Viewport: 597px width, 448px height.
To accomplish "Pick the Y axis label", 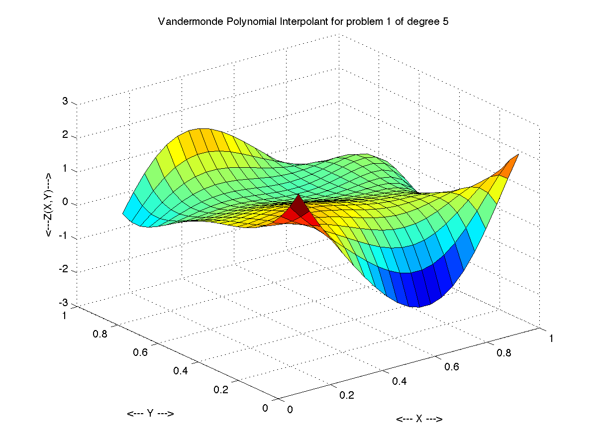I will pyautogui.click(x=150, y=414).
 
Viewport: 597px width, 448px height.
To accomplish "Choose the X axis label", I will pyautogui.click(x=419, y=419).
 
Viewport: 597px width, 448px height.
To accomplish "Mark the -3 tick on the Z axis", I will pyautogui.click(x=64, y=304).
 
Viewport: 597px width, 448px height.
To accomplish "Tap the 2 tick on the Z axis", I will pyautogui.click(x=65, y=136).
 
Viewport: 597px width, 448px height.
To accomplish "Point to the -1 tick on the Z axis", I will pyautogui.click(x=64, y=237).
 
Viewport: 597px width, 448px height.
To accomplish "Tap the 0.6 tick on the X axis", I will pyautogui.click(x=451, y=367).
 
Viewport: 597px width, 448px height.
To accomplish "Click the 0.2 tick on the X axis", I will pyautogui.click(x=347, y=395).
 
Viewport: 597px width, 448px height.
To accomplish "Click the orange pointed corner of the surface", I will pyautogui.click(x=512, y=162).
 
